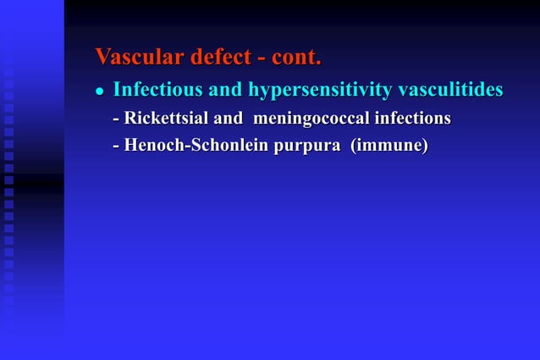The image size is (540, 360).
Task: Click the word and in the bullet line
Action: pos(224,89)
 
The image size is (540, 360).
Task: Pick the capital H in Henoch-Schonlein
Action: pos(131,146)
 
